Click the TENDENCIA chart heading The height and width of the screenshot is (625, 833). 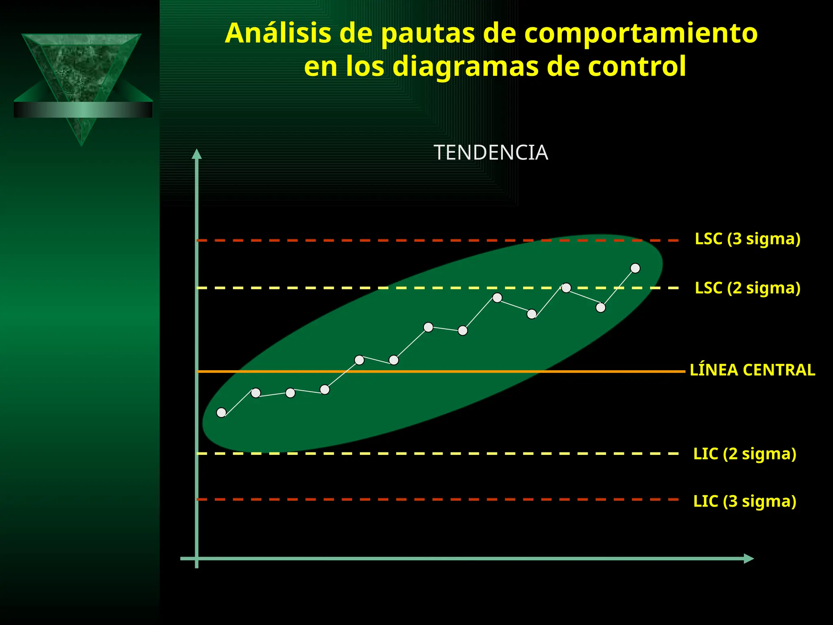(x=491, y=153)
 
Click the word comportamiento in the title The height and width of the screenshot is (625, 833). (x=641, y=33)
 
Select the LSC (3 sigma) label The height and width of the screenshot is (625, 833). (x=747, y=239)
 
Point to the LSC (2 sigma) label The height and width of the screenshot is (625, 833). (x=747, y=288)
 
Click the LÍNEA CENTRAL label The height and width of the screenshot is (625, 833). (x=752, y=370)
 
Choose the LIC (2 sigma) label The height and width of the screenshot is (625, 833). (x=744, y=454)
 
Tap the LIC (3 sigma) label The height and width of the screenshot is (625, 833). (x=744, y=501)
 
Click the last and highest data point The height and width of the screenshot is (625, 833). (x=635, y=268)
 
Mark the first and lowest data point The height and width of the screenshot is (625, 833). (x=221, y=413)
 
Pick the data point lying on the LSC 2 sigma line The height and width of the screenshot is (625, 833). (x=566, y=288)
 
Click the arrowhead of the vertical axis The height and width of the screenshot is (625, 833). (x=197, y=154)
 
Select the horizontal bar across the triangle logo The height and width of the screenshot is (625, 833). (x=83, y=110)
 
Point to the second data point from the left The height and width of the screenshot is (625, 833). (x=256, y=393)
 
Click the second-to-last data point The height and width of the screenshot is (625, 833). (x=600, y=308)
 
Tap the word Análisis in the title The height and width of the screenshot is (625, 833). (x=278, y=33)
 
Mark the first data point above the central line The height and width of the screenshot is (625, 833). (x=359, y=360)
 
